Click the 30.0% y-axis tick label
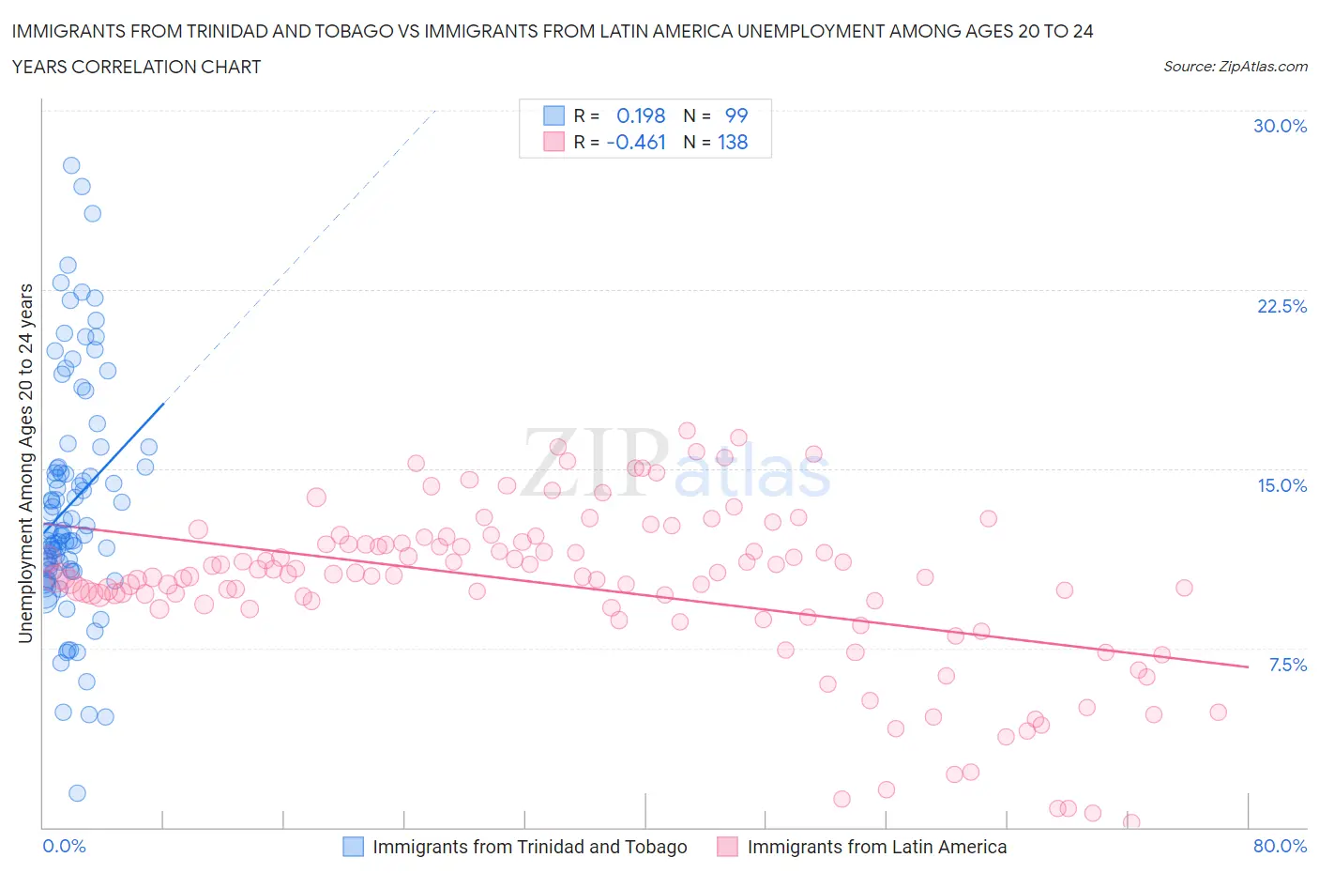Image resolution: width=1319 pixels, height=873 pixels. [x=1280, y=126]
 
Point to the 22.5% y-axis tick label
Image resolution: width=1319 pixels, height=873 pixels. [x=1281, y=306]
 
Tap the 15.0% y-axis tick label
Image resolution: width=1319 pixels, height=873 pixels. [x=1281, y=485]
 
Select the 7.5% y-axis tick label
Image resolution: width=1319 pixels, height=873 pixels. [x=1287, y=665]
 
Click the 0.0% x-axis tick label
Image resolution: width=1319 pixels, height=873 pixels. [x=64, y=846]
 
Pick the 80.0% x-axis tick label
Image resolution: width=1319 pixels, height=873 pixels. [x=1280, y=846]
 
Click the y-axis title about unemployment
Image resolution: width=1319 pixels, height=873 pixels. [x=25, y=464]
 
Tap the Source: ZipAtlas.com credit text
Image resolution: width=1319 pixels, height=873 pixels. [x=1235, y=66]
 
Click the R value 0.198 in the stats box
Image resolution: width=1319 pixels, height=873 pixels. [x=640, y=115]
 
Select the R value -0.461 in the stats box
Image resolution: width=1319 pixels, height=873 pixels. [x=636, y=142]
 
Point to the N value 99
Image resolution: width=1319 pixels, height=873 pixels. [x=736, y=115]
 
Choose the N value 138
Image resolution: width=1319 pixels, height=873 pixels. [x=733, y=142]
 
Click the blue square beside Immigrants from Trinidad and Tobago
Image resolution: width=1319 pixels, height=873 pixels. [x=353, y=847]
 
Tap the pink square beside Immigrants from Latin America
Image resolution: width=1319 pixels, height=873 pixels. [x=727, y=847]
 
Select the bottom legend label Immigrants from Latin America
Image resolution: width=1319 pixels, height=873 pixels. [x=876, y=847]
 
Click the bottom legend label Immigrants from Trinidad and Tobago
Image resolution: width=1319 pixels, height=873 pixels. [x=529, y=847]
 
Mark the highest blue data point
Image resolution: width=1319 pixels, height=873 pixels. [x=71, y=165]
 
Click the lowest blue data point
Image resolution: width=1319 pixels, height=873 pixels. [x=77, y=793]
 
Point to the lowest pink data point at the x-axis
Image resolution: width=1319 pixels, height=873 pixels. [x=1131, y=822]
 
